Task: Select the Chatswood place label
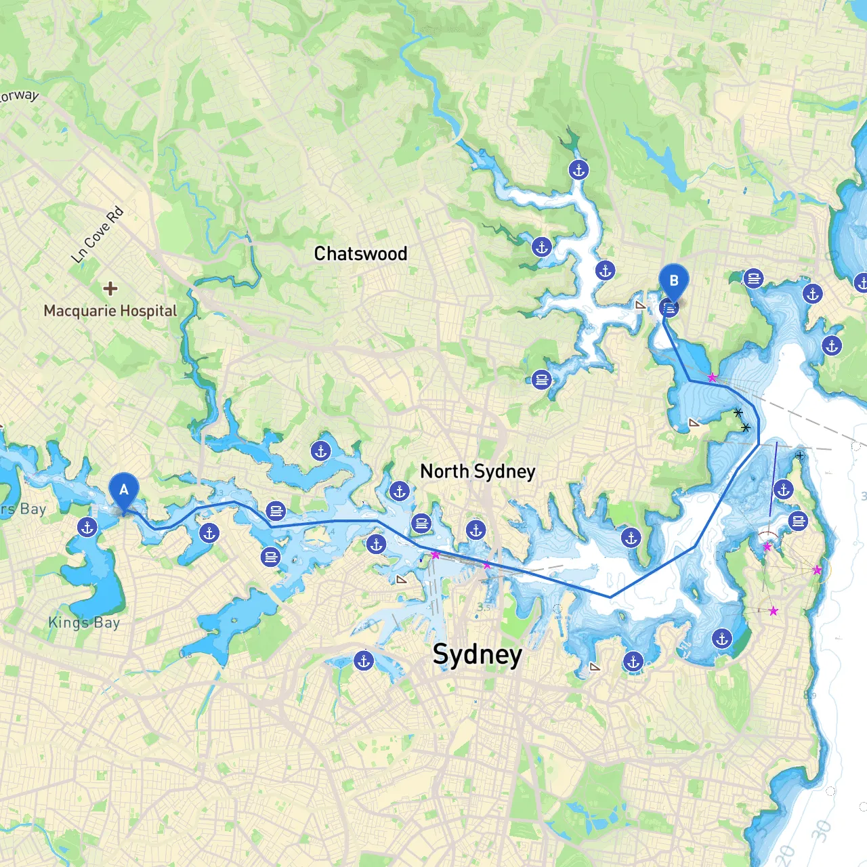[x=360, y=254]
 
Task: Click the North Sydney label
[x=478, y=471]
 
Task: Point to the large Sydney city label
[x=478, y=655]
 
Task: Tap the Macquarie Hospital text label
[x=110, y=311]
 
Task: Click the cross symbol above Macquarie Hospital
[x=110, y=289]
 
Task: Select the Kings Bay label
[x=84, y=622]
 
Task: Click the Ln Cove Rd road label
[x=98, y=234]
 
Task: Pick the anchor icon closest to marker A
[x=87, y=527]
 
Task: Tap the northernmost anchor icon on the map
[x=578, y=169]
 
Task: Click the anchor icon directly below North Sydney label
[x=476, y=530]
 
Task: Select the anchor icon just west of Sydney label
[x=364, y=660]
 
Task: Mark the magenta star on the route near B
[x=712, y=378]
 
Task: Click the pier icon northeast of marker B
[x=753, y=278]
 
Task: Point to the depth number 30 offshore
[x=822, y=830]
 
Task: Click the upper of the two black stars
[x=738, y=413]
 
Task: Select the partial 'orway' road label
[x=19, y=96]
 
